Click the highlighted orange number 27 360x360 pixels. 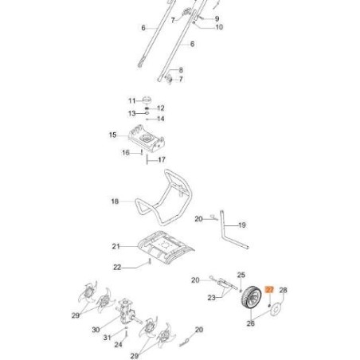(x=269, y=291)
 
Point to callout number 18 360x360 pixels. (x=115, y=202)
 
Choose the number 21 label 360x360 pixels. (x=115, y=246)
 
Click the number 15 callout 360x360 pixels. (x=112, y=135)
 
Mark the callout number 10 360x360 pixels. (x=219, y=27)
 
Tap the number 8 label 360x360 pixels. (x=181, y=70)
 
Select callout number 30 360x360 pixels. (x=96, y=329)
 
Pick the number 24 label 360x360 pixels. (x=118, y=345)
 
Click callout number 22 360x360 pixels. (x=116, y=267)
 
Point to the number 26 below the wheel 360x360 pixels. (x=251, y=323)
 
